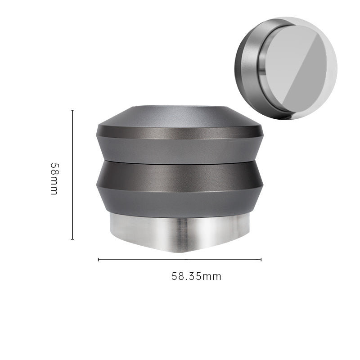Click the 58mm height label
tap(54, 179)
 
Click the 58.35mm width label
tap(196, 276)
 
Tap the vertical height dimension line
tap(72, 175)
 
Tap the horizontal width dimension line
tap(180, 260)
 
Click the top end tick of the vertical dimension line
tap(72, 110)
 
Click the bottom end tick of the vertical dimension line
tap(72, 239)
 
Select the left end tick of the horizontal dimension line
tap(99, 260)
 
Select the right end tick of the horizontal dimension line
tap(261, 260)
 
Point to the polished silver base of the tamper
tap(180, 232)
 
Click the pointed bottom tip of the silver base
tap(181, 252)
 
